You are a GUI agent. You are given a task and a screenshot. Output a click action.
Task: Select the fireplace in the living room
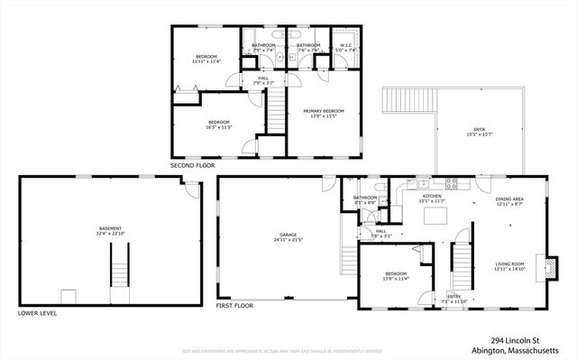click(x=540, y=268)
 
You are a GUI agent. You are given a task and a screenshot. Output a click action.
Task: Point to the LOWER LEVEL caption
click(x=37, y=313)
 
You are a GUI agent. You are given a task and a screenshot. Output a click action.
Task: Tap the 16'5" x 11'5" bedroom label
click(x=219, y=125)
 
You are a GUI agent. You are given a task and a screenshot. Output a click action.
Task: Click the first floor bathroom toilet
click(x=384, y=213)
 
